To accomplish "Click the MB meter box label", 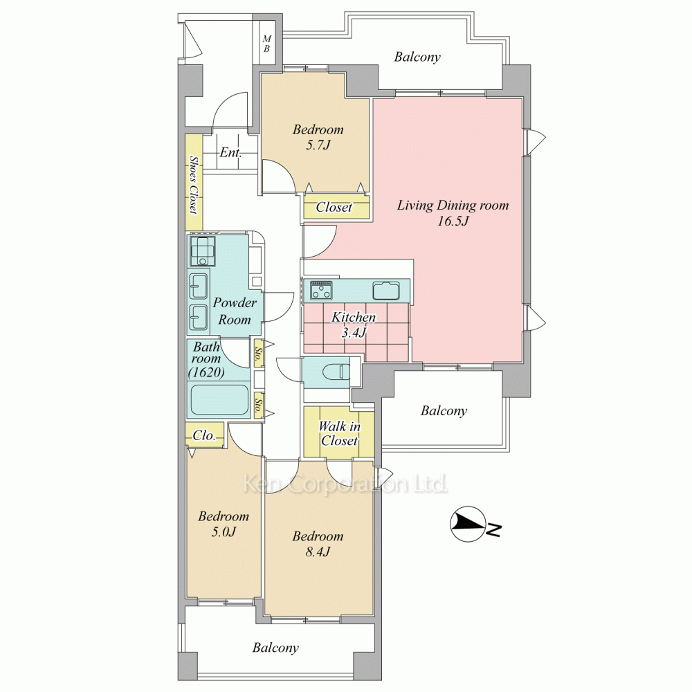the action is click(266, 44).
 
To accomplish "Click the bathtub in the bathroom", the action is click(219, 400).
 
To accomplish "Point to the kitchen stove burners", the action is click(322, 290).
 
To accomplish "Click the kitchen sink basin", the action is click(385, 290).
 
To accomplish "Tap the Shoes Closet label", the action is click(193, 185).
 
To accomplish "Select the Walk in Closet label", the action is click(339, 433).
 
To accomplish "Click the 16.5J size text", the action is click(453, 221).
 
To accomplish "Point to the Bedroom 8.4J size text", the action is click(318, 552).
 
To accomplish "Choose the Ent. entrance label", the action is click(231, 153).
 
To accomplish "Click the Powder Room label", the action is click(235, 311).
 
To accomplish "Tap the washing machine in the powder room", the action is click(203, 251).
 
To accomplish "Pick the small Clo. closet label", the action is click(204, 435).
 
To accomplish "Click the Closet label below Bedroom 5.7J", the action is click(334, 207).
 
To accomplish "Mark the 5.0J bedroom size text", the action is click(224, 531).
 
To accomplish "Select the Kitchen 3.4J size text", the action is click(354, 332).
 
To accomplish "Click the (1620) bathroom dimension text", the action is click(206, 372).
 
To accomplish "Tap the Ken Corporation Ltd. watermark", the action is click(345, 484).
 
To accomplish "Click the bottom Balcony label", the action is click(275, 648).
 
